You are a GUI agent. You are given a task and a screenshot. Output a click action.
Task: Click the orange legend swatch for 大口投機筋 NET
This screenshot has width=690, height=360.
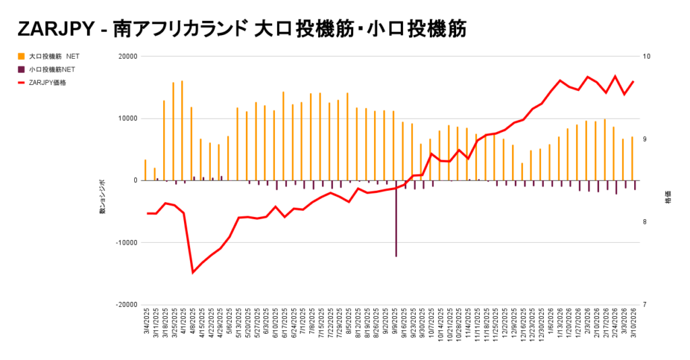(22, 57)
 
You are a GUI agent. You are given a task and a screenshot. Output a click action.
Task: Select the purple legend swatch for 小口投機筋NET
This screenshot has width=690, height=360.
(22, 69)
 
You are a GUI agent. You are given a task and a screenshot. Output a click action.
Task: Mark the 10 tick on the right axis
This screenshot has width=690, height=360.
(646, 57)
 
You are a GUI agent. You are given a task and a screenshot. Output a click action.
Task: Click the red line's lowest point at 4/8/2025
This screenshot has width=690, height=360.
(193, 272)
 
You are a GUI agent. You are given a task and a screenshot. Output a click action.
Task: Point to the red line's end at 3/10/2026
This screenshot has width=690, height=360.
(633, 82)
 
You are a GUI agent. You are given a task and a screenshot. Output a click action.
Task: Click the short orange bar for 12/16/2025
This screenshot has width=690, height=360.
(522, 171)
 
